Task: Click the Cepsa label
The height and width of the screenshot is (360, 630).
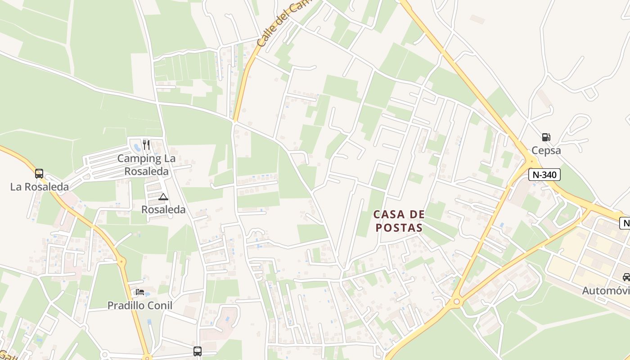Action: (x=546, y=150)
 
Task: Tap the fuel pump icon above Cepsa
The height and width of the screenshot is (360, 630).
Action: (x=546, y=137)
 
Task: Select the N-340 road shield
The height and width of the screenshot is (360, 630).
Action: (x=544, y=175)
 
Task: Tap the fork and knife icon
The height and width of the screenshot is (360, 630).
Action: (x=146, y=144)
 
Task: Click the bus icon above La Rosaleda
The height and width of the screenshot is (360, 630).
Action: (x=39, y=174)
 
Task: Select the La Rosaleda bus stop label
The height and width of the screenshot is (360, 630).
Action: (x=40, y=187)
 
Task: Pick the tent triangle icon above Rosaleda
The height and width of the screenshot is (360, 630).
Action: (x=163, y=197)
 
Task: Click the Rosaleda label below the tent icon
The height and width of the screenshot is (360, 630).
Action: (x=163, y=209)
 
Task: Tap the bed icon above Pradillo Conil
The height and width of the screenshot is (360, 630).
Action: (x=140, y=292)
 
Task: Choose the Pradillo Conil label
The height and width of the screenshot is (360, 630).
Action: (x=139, y=305)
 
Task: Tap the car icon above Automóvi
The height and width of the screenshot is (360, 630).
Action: (x=626, y=277)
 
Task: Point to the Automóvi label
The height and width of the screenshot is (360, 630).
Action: (x=606, y=290)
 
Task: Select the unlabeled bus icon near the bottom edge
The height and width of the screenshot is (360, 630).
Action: (x=198, y=351)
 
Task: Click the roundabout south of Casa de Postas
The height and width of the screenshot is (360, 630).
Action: (x=457, y=301)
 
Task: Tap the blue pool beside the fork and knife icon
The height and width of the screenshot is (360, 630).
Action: (x=137, y=147)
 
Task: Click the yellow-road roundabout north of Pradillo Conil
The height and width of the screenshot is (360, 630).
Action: (x=121, y=261)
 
